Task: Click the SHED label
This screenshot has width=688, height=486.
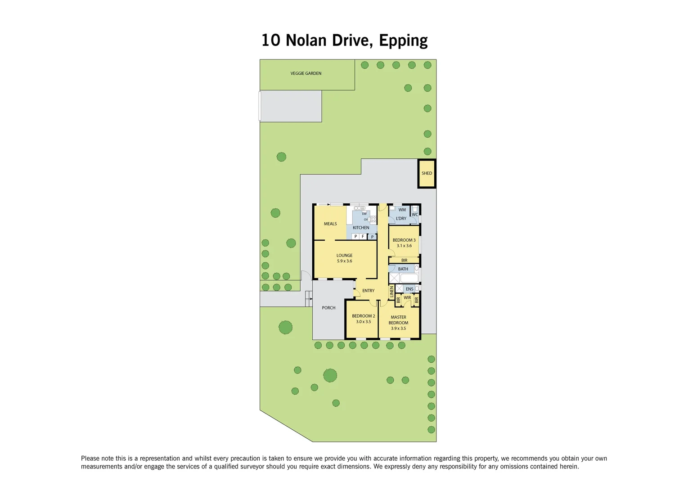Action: tap(427, 173)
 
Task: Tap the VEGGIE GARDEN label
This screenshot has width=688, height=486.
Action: tap(306, 73)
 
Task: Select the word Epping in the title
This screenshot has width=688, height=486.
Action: tap(403, 40)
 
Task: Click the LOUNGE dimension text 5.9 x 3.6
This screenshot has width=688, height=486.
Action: tap(345, 261)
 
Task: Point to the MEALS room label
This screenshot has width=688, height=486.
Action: tap(330, 224)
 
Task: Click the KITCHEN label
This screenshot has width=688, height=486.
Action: tap(361, 228)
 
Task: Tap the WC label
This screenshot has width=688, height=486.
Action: tap(415, 215)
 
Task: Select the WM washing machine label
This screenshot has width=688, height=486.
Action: tap(402, 210)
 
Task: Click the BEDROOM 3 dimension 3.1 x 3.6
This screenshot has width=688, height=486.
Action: tap(404, 246)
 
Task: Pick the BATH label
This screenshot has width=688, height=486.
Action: tap(403, 269)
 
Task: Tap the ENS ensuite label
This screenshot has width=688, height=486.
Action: tap(409, 289)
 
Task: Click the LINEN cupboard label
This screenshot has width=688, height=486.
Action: tap(391, 292)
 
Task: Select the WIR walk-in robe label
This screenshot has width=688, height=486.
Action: tap(407, 297)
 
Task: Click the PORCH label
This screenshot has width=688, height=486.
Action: tap(328, 308)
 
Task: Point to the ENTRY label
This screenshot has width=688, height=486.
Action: tap(369, 291)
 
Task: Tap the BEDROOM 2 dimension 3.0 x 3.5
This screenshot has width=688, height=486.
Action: tap(364, 322)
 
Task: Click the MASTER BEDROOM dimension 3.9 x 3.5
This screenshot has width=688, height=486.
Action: tap(398, 328)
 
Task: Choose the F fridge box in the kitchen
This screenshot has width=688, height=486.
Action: tap(363, 236)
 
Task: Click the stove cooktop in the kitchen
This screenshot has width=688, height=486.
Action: tap(373, 220)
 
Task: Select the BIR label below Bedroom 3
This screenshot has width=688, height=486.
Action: tap(404, 261)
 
